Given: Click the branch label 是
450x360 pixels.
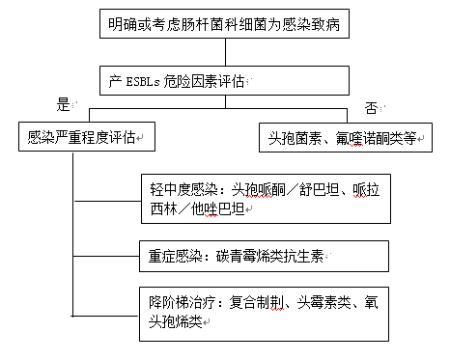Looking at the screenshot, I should point(65,102).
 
